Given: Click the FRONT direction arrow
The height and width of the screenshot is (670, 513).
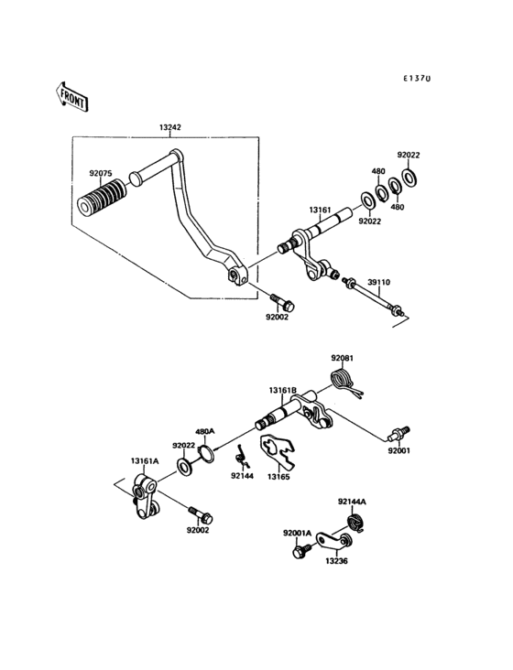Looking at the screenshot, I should click(71, 95).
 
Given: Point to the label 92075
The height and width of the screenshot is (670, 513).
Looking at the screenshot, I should click(100, 172).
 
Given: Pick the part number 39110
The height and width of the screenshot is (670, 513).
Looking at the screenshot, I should click(379, 284).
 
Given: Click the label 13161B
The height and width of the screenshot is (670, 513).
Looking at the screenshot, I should click(282, 390).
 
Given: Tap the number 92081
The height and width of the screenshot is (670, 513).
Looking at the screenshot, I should click(343, 358).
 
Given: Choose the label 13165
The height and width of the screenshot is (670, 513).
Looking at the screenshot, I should click(279, 476).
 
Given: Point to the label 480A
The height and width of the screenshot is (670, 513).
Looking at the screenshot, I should click(203, 431).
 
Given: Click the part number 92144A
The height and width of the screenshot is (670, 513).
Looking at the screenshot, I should click(351, 502).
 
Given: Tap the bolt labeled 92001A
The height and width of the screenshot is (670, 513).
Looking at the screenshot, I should click(300, 552).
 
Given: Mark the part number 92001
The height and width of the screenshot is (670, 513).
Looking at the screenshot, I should click(398, 450).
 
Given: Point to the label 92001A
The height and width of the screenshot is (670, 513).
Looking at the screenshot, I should click(297, 532).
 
